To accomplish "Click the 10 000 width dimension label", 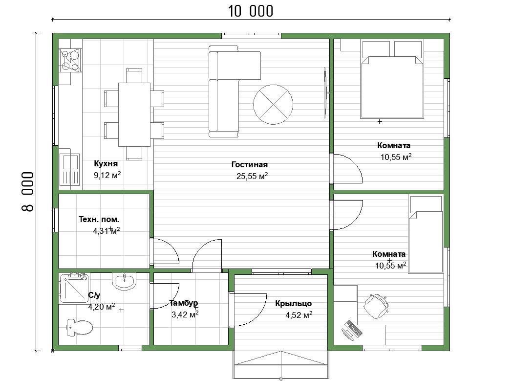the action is click(250, 11).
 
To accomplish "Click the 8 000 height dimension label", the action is click(28, 192).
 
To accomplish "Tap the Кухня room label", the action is click(106, 163).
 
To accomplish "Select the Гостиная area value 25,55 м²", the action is click(252, 176).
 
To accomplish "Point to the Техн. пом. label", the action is click(99, 219).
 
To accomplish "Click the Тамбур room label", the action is click(184, 303).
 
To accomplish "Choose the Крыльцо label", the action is click(293, 303).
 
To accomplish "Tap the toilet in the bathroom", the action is click(80, 327).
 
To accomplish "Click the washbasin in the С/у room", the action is click(124, 281).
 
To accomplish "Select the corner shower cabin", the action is click(74, 288).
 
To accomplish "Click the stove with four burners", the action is click(70, 61).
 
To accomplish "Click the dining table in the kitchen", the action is click(134, 114).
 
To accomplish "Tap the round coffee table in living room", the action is click(273, 105).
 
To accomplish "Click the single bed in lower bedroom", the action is click(426, 234).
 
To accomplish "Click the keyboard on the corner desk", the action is click(354, 329).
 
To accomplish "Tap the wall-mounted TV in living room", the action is click(325, 93).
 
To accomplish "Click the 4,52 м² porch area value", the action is click(299, 315).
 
